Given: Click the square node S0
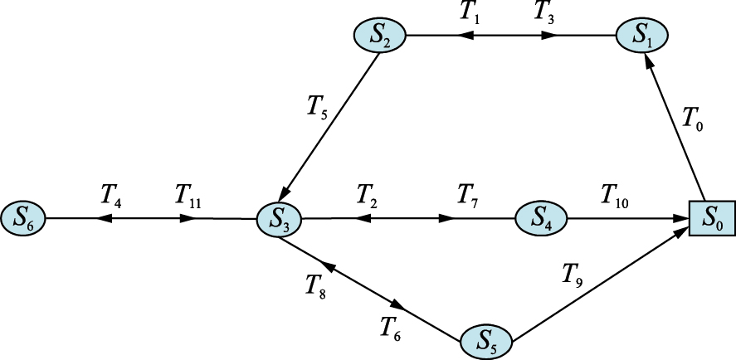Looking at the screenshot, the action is coord(712,218).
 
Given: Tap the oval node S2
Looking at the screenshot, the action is coord(380,36).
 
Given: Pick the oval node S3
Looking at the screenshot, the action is coord(279,219).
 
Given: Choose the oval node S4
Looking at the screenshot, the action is coord(541,218).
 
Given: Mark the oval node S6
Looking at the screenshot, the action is coord(22,218).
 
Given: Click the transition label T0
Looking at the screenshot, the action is coord(691,122).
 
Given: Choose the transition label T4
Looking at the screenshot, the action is coord(111,195).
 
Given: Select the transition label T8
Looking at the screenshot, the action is coord(315,286).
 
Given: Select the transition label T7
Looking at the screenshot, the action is coord(469,195).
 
